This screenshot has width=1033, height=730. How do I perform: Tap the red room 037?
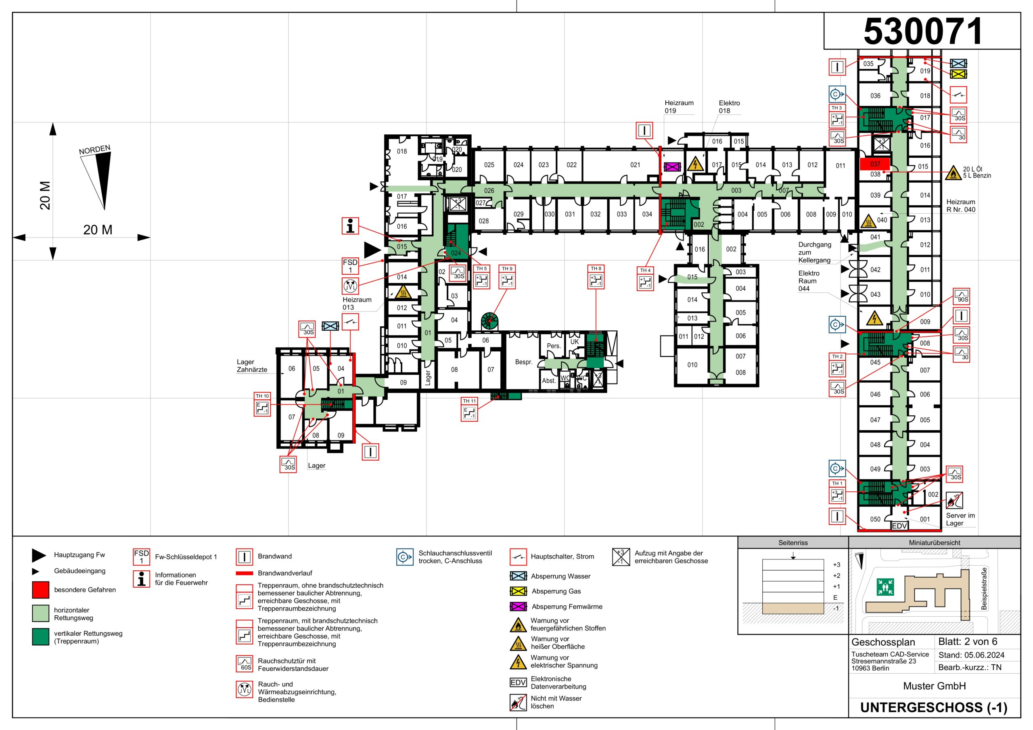point(875,164)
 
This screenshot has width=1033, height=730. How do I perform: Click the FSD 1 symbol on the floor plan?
point(350,266)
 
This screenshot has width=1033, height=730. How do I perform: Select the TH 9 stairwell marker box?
point(507,277)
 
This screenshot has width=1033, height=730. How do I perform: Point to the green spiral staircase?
point(490,321)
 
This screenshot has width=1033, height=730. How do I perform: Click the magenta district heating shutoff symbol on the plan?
point(672,167)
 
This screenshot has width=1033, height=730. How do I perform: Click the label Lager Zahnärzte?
point(252,366)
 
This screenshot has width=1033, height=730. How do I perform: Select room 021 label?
point(635,165)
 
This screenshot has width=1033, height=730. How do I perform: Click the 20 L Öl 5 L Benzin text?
point(977,172)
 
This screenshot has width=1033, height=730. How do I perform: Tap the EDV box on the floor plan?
point(899,526)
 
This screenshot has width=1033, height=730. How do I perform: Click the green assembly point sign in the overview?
point(885,586)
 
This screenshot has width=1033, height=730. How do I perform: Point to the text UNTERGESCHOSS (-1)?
point(934,707)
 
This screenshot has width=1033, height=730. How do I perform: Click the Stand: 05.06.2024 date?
point(971,655)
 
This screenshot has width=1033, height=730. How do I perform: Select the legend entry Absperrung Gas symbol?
point(518,591)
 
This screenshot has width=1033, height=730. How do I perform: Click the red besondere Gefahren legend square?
point(40,590)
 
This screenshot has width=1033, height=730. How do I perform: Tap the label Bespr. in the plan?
point(524,362)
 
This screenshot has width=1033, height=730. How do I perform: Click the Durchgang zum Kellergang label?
point(814,252)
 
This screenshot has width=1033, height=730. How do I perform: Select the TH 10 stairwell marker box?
point(262,405)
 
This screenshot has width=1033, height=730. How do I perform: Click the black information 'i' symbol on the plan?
point(350,226)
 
